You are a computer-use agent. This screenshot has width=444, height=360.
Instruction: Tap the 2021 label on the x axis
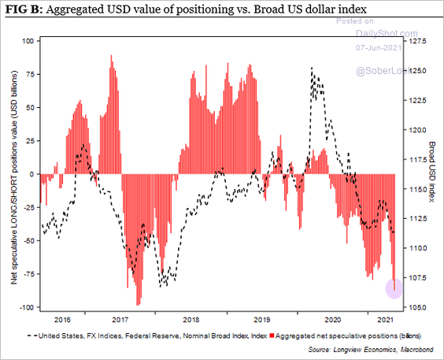[385, 321]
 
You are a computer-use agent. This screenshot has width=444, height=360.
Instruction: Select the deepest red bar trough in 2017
[139, 304]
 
